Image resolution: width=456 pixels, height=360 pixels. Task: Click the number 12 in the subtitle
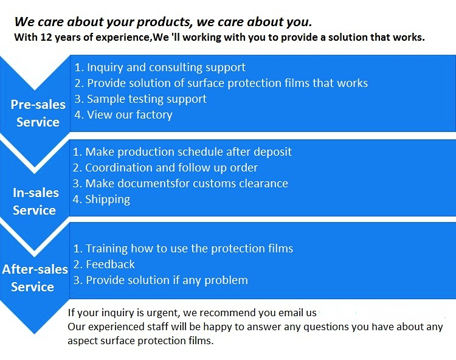pos(46,37)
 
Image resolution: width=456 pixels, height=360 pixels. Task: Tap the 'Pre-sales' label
pos(38,105)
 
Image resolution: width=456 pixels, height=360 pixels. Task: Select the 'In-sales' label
pos(36,193)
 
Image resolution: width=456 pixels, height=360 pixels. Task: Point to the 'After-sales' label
pos(35,269)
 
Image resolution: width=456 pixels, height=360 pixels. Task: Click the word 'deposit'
pos(272,152)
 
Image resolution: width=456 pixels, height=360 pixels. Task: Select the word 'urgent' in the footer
pos(165,313)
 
